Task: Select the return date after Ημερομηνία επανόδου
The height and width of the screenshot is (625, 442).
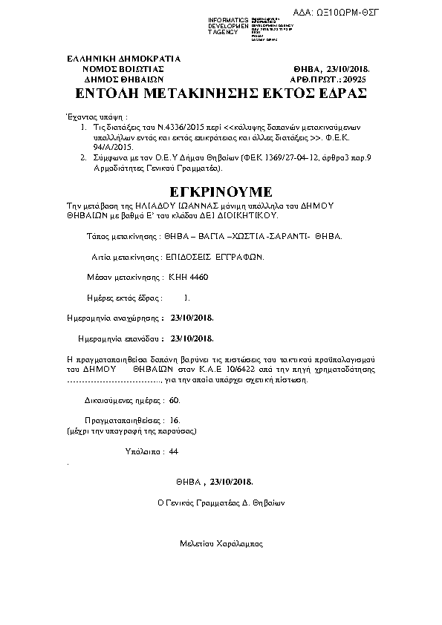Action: pyautogui.click(x=192, y=338)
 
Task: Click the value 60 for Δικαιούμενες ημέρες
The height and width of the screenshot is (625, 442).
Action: pyautogui.click(x=175, y=399)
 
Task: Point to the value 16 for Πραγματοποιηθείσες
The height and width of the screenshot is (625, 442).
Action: pyautogui.click(x=175, y=420)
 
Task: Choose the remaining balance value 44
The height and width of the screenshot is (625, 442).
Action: pyautogui.click(x=174, y=451)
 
